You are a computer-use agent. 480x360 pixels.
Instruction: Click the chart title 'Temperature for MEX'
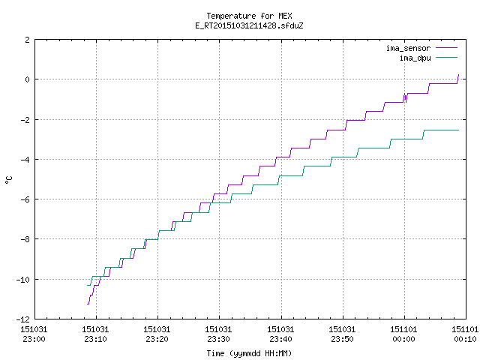click(x=249, y=16)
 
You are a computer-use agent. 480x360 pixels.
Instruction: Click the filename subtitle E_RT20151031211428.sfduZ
click(x=249, y=25)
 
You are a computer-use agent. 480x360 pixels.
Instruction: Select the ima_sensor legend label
click(x=408, y=48)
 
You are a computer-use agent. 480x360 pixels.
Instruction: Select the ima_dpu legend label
click(x=415, y=58)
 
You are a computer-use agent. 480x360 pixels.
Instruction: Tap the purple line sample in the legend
click(x=446, y=48)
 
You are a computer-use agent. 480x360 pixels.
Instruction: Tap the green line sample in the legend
click(x=446, y=57)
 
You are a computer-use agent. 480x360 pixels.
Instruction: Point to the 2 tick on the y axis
click(x=28, y=40)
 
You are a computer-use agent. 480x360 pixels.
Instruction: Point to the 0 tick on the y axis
click(x=28, y=79)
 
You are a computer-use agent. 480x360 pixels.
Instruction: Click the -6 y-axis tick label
click(x=25, y=199)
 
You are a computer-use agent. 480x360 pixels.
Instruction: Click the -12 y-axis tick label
click(x=23, y=319)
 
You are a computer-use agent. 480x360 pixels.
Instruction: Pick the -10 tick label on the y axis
click(x=23, y=280)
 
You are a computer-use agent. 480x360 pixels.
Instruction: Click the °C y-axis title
click(x=8, y=180)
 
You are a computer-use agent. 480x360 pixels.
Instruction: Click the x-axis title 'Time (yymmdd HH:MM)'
click(x=249, y=353)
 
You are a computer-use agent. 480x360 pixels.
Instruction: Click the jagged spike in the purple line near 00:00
click(x=405, y=97)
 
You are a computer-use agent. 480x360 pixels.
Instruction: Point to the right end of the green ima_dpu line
click(x=458, y=130)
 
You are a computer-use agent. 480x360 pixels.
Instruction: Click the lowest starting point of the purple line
click(x=88, y=304)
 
